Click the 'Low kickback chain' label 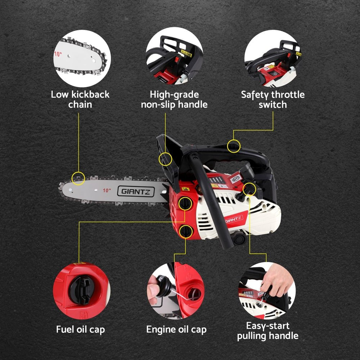click(x=80, y=100)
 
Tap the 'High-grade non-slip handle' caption click(x=174, y=100)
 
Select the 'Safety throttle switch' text click(x=273, y=100)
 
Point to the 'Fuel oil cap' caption click(x=81, y=329)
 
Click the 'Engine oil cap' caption click(x=176, y=329)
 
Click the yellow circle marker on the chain click(x=78, y=177)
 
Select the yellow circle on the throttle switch click(x=234, y=146)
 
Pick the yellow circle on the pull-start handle click(x=249, y=189)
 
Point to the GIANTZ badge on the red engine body click(x=234, y=219)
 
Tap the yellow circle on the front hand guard click(x=165, y=159)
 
